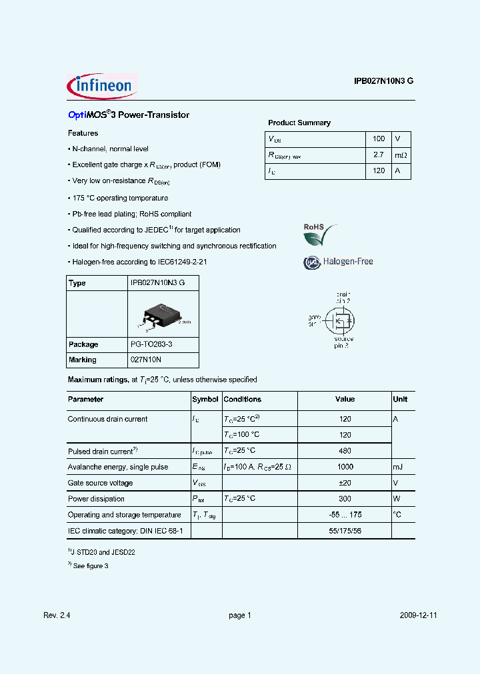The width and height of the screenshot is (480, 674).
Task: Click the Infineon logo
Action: pos(101,86)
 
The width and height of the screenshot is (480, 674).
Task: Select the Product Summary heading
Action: pos(299,123)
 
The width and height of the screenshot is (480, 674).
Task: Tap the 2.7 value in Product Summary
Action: pos(378,155)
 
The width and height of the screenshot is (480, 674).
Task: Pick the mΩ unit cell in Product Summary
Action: pos(400,155)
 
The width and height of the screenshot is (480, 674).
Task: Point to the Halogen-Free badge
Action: pos(338,262)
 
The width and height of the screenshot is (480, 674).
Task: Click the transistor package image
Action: pos(161,315)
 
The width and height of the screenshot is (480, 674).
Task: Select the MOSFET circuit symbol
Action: pos(341,320)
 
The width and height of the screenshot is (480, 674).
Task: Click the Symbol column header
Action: pos(205,400)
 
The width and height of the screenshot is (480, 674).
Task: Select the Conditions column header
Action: pos(243,400)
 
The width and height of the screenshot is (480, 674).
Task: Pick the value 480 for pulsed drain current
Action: pos(345,451)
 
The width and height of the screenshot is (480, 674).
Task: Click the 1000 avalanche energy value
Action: pos(345,467)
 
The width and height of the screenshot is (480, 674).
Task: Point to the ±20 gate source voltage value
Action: pos(345,483)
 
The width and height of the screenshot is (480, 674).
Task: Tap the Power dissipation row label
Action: pos(96,499)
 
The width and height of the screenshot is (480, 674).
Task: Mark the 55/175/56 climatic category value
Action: pos(345,531)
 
